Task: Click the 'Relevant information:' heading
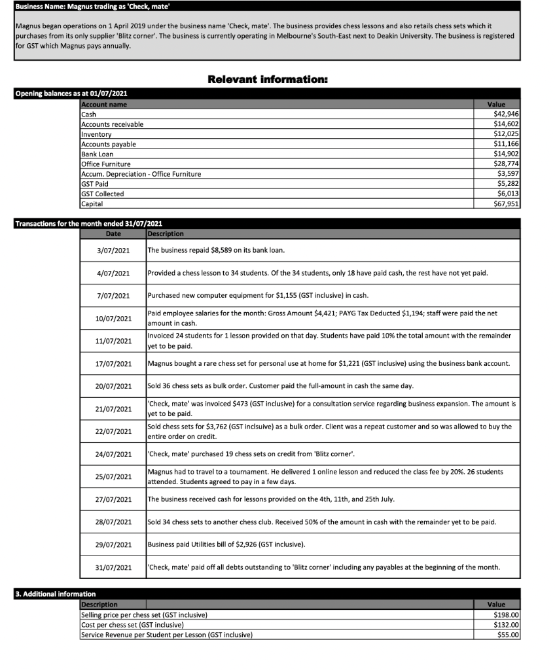pyautogui.click(x=267, y=79)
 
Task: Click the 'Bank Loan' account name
pyautogui.click(x=97, y=154)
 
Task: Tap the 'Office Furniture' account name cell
pyautogui.click(x=105, y=164)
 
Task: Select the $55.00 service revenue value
pyautogui.click(x=508, y=635)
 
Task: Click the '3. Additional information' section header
pyautogui.click(x=56, y=594)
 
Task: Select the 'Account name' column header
pyautogui.click(x=104, y=105)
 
